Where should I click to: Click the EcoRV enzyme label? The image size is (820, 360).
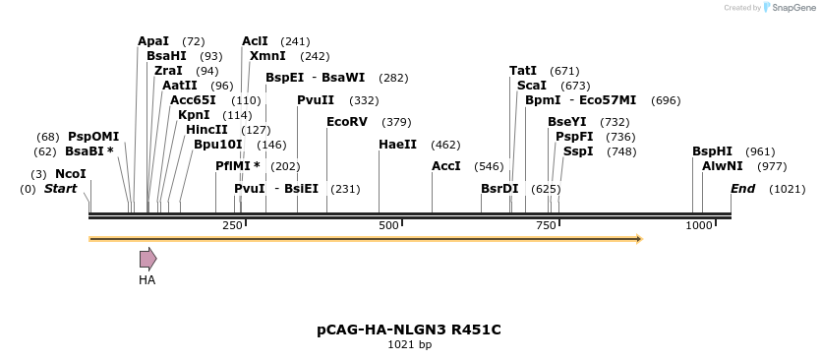pos(347,122)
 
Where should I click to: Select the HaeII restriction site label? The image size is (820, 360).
pos(397,144)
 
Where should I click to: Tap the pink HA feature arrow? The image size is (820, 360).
pos(147,259)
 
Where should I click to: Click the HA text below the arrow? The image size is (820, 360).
pos(147,280)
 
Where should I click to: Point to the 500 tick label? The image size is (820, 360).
pos(388,225)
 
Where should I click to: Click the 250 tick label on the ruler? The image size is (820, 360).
pos(232,225)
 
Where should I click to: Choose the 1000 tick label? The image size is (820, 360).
pos(699,225)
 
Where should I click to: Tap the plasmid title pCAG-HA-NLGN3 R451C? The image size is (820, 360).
pos(409,330)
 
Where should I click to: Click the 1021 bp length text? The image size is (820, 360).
pos(409,345)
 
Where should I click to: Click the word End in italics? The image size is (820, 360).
pos(742,188)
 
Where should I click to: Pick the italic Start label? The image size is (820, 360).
pos(60,188)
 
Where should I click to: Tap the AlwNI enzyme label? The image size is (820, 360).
pos(723,166)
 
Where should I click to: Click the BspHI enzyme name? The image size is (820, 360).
pos(713,151)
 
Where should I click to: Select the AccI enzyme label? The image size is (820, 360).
pos(446,166)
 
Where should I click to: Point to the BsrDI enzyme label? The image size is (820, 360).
pos(499,188)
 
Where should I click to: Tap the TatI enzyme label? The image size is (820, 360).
pos(523,71)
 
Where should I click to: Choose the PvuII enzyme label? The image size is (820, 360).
pos(316,100)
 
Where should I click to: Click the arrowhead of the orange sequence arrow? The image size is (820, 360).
pos(638,238)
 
